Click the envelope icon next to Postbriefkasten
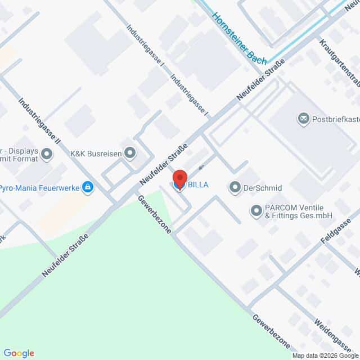tap(304, 119)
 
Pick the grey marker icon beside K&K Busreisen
tap(130, 152)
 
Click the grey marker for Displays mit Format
tap(47, 154)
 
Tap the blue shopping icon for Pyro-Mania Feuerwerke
tap(87, 187)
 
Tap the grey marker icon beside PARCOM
tap(256, 211)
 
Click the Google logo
tap(18, 353)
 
